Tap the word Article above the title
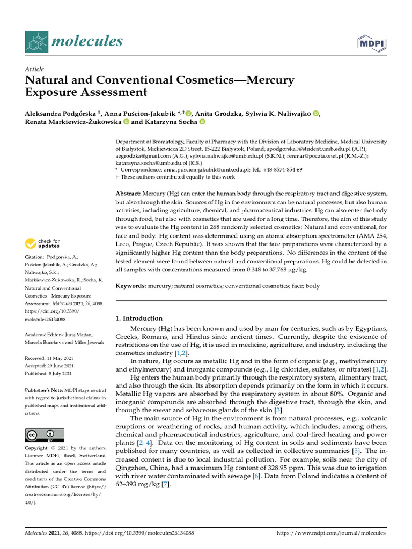pos(34,69)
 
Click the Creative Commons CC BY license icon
pos(45,435)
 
